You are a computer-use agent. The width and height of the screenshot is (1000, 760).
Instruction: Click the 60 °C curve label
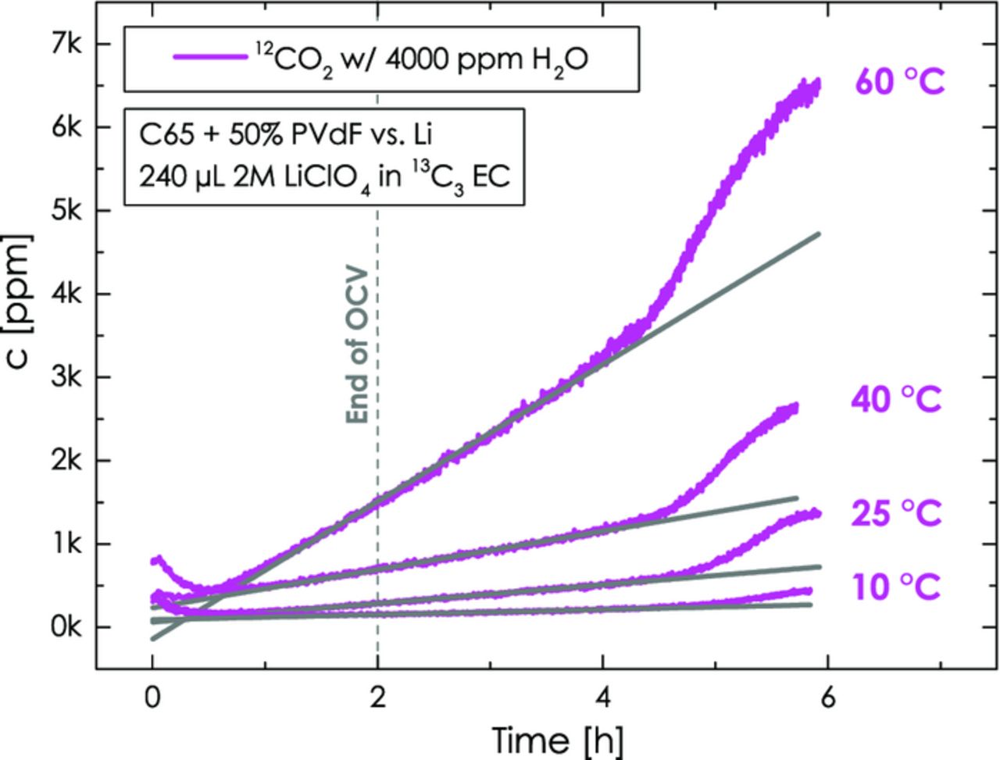[900, 81]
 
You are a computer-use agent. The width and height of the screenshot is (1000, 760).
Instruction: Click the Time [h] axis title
[557, 738]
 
